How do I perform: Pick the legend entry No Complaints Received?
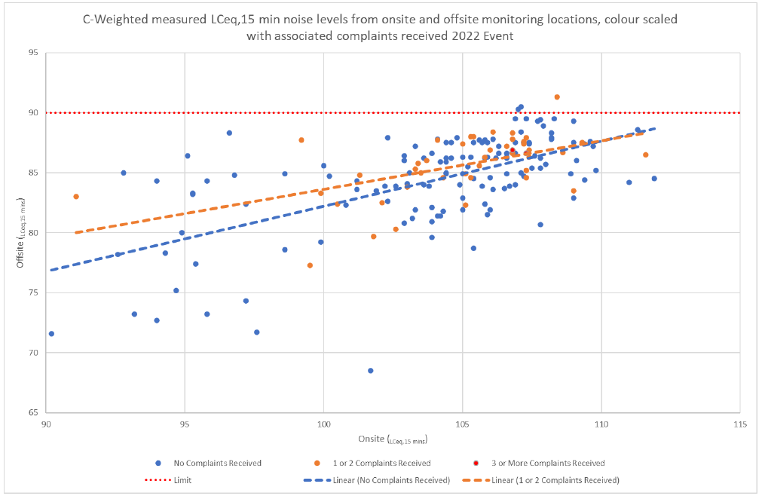(208, 463)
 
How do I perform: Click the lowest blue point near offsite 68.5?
(371, 370)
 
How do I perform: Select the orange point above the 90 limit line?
(557, 97)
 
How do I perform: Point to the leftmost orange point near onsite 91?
(76, 197)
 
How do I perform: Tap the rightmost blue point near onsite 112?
(654, 179)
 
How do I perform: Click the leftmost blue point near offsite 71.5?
(51, 333)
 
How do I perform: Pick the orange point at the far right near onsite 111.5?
(646, 155)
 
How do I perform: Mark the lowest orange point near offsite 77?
(310, 265)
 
